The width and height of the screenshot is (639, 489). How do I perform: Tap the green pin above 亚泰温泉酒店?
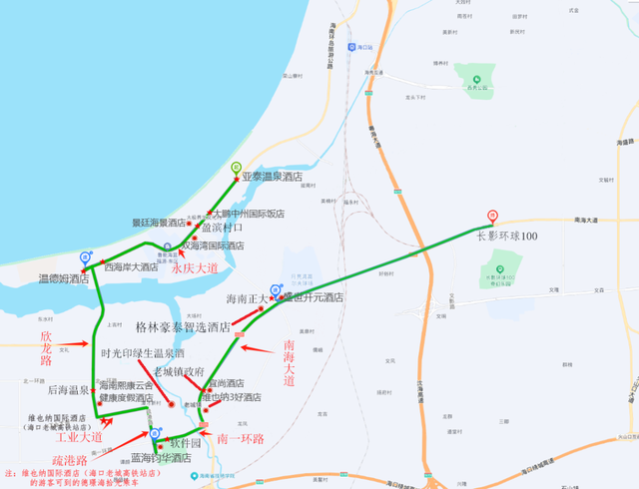(237, 168)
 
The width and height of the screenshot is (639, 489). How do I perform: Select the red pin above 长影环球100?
(491, 217)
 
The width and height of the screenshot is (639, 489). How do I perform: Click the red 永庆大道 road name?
(195, 267)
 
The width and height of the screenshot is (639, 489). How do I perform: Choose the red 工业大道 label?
(79, 437)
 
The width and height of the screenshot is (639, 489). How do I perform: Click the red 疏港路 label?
(72, 461)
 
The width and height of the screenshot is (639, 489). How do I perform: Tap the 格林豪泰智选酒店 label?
(183, 326)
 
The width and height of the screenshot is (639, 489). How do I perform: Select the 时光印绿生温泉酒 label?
(143, 353)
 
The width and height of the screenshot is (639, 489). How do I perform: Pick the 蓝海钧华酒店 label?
(161, 458)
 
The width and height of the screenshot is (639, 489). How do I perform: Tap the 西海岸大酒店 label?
(131, 267)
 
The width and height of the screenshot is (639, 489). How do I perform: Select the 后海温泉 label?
(68, 390)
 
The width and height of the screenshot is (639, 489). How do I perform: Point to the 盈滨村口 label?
(222, 228)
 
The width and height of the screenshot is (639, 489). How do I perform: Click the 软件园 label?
(185, 442)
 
